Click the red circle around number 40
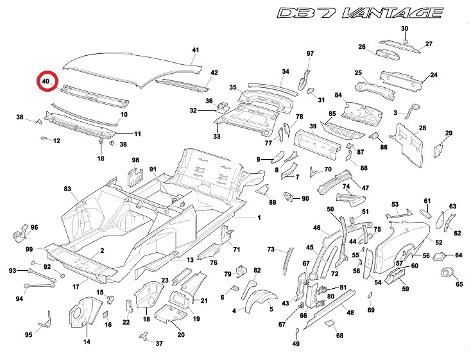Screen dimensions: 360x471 [x=46, y=81]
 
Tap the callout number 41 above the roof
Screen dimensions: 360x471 [x=196, y=50]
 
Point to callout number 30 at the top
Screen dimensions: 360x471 [x=404, y=29]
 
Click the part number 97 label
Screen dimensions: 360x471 [x=310, y=53]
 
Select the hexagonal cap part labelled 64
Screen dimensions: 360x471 [x=440, y=256]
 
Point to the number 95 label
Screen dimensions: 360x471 [x=28, y=334]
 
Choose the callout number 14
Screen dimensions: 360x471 [x=86, y=341]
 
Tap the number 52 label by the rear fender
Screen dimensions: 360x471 [x=439, y=243]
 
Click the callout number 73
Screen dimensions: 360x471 [x=271, y=249]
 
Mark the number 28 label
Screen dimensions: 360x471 [x=422, y=128]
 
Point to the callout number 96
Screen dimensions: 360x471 [x=35, y=227]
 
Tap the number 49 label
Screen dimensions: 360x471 [x=296, y=345]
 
